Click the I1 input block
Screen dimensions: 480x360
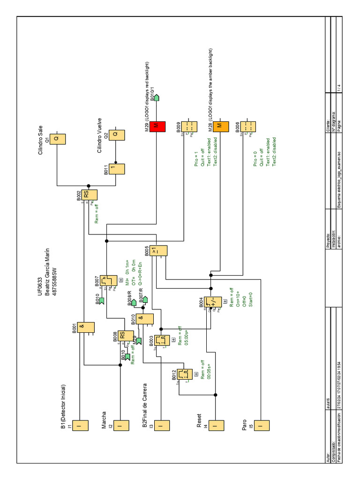click(80, 426)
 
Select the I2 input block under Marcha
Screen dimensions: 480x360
click(121, 426)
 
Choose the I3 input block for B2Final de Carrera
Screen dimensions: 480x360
click(161, 426)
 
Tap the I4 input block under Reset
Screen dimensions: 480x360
click(215, 426)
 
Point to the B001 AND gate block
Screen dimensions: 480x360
click(86, 327)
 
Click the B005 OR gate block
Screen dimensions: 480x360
click(159, 251)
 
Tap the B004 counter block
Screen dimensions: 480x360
click(213, 302)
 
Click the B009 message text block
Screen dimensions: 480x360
click(188, 127)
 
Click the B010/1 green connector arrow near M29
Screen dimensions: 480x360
click(158, 97)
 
